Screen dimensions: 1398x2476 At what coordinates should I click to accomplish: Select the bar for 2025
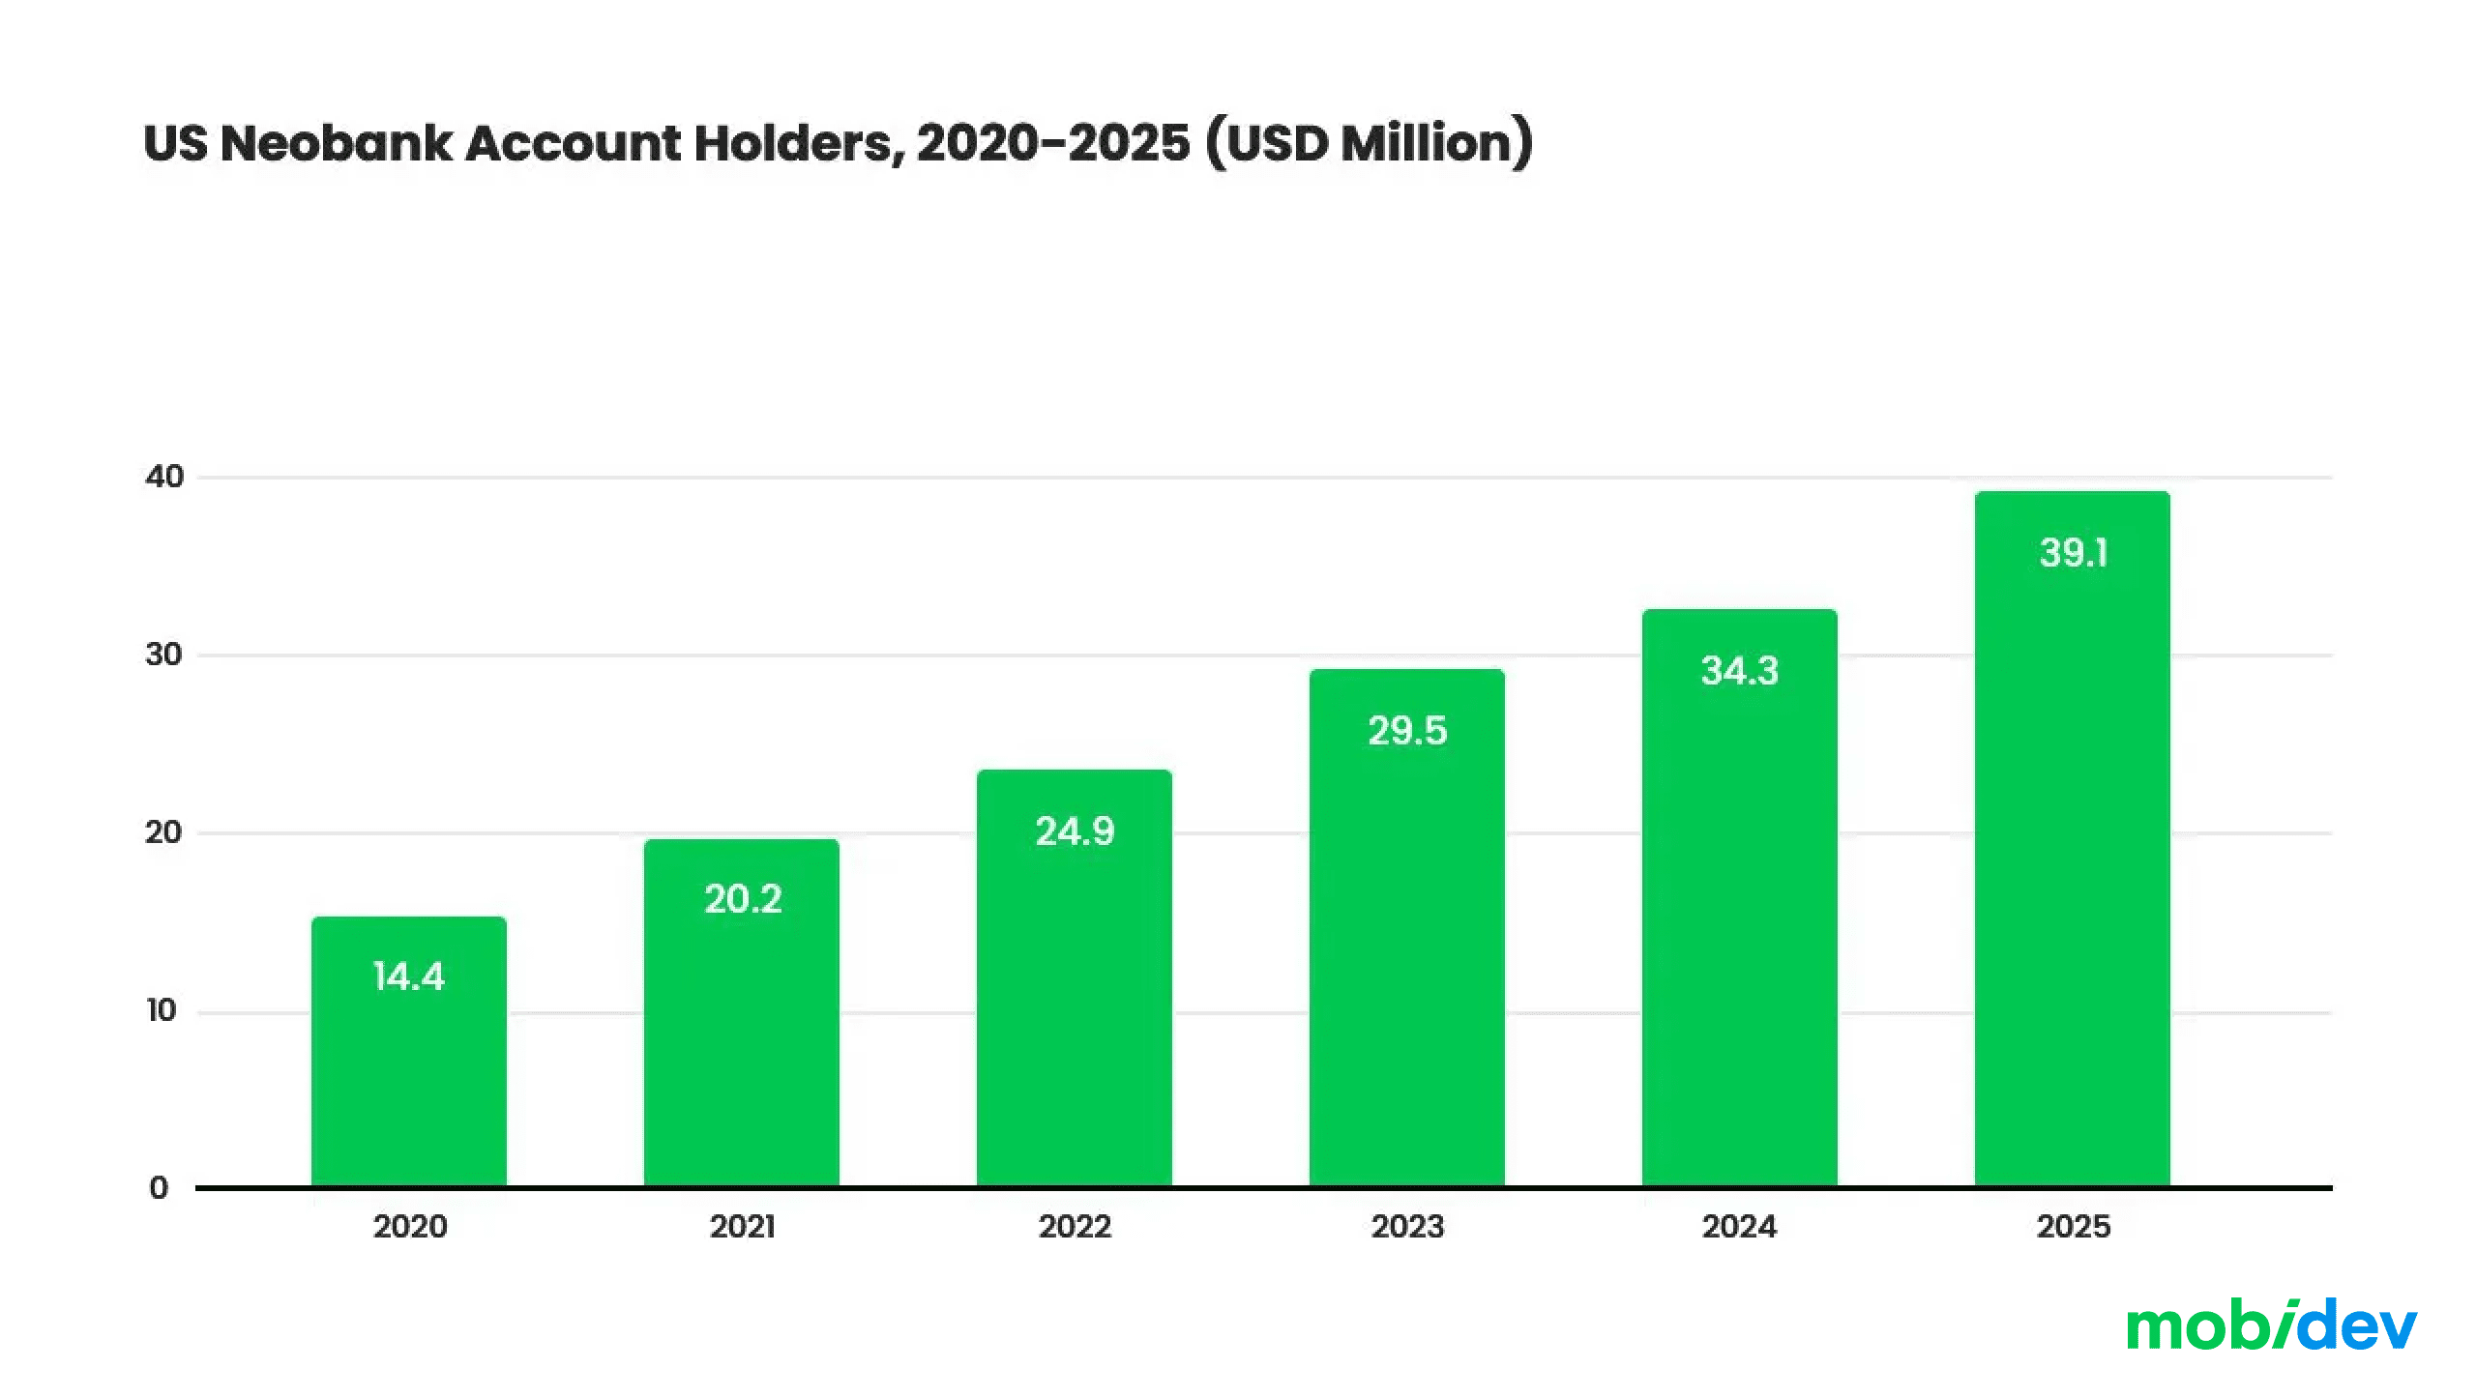[2072, 870]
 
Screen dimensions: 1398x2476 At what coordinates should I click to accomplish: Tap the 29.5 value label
[1407, 731]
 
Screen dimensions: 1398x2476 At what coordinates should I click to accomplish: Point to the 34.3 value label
[1739, 671]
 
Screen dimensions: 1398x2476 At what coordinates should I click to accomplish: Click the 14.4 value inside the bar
[408, 976]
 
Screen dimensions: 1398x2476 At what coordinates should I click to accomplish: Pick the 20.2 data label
[742, 899]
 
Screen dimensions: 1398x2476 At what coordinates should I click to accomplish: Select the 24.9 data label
[1075, 831]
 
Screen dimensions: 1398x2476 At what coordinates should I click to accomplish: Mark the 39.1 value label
[2073, 553]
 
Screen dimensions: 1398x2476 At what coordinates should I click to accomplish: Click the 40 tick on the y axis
[163, 477]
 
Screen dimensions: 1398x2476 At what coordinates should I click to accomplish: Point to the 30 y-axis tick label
[163, 655]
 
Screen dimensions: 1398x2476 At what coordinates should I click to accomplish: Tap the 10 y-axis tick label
[162, 1010]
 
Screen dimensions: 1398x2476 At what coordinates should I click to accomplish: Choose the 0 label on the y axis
[159, 1188]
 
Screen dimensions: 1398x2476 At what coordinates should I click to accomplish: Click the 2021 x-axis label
[742, 1227]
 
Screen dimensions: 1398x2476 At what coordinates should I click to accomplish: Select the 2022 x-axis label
[1075, 1227]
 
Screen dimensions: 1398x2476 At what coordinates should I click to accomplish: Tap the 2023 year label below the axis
[1407, 1227]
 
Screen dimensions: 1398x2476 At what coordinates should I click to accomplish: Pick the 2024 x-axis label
[1739, 1227]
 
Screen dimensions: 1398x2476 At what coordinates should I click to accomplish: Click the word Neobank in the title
[337, 143]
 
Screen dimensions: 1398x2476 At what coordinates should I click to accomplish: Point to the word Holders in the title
[800, 143]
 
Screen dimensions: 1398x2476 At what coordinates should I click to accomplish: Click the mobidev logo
[2271, 1326]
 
